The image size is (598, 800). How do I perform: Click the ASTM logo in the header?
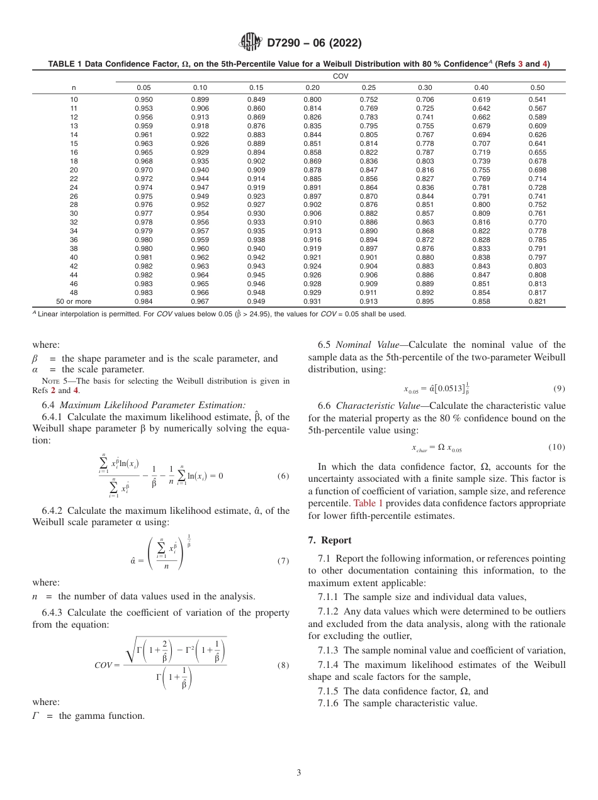coord(251,43)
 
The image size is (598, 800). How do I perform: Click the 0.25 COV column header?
coord(368,87)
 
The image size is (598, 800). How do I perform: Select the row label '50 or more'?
coord(74,301)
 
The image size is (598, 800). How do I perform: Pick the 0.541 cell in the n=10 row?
coord(537,99)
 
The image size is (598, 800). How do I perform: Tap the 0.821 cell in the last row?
coord(537,301)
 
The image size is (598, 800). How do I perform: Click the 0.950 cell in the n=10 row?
coord(144,99)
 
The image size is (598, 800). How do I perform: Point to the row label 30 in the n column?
coord(74,213)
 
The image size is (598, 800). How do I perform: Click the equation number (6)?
coord(283,475)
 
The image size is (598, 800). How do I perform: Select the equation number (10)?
coord(556,447)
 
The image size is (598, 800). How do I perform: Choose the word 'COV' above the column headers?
coord(340,75)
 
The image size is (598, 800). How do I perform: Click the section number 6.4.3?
coord(54,613)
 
